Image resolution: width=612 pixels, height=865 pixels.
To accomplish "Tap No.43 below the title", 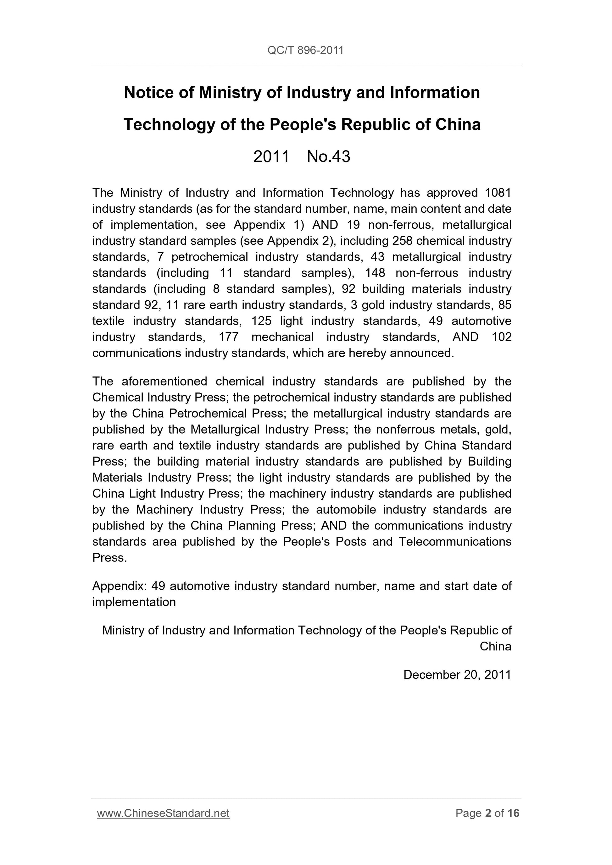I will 328,156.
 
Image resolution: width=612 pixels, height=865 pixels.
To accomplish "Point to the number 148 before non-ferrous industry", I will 375,273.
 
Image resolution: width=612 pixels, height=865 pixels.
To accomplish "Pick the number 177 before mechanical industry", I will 229,337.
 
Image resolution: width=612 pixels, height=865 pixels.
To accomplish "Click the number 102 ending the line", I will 502,337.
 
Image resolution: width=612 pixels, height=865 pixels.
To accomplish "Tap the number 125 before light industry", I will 261,321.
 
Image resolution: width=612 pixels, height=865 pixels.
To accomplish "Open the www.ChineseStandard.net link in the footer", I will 163,813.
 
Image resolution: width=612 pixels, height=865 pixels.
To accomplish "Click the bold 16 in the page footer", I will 513,813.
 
